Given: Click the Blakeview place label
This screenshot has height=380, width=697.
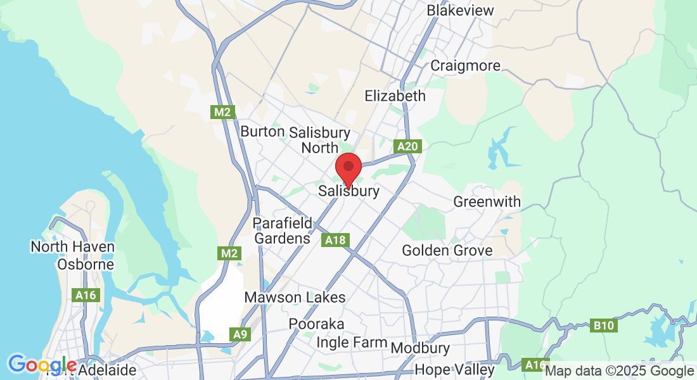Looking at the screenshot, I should tap(460, 11).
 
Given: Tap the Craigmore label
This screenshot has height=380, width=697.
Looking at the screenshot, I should tap(465, 66).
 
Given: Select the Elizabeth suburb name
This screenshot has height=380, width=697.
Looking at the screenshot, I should tap(395, 96).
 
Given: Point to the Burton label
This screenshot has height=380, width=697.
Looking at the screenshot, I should tap(262, 132).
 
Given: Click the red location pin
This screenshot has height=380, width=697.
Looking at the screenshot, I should tap(348, 167).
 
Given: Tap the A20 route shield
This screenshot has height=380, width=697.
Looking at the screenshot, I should tap(407, 147).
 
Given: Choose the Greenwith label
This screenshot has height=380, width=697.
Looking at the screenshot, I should tap(487, 202).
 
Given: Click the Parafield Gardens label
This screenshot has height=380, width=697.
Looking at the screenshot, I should tap(282, 231).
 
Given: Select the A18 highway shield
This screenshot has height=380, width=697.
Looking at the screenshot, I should tap(335, 241).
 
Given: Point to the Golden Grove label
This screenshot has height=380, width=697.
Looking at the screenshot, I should tap(447, 251).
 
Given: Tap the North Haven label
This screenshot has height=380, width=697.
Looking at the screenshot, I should tap(72, 247).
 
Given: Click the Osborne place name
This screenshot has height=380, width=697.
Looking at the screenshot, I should tap(86, 264).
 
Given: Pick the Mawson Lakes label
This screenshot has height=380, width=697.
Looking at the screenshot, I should tap(295, 298).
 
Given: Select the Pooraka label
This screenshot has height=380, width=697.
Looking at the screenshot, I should tap(317, 324).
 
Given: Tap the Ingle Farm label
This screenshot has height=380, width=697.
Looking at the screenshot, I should tap(351, 343).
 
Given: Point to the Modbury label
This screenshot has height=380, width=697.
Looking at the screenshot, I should tap(420, 348).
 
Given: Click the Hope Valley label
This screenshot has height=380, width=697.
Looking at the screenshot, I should tap(454, 369).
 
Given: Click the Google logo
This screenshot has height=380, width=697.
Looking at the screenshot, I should tap(42, 365).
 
